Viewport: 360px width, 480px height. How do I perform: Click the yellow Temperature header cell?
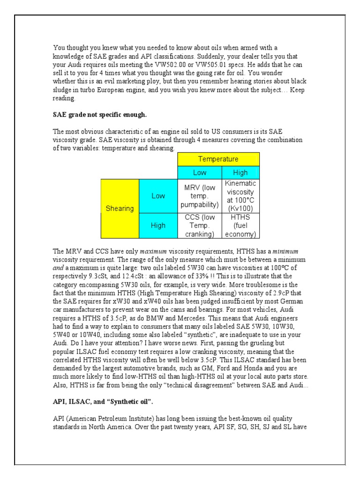tap(218, 159)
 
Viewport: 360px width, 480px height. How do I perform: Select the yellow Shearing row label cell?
tap(120, 209)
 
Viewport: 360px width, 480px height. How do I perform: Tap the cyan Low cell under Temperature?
tap(199, 172)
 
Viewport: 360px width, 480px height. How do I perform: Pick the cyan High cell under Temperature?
tap(240, 172)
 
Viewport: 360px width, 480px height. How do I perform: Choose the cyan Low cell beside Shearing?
tap(158, 196)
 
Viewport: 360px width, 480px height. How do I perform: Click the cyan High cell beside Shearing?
tap(158, 225)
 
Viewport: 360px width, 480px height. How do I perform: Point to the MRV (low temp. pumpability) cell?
tap(199, 196)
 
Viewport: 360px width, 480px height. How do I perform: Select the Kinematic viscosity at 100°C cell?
tap(240, 196)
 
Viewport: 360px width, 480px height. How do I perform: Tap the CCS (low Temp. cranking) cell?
tap(199, 225)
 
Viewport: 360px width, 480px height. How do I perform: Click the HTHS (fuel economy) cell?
tap(240, 225)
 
